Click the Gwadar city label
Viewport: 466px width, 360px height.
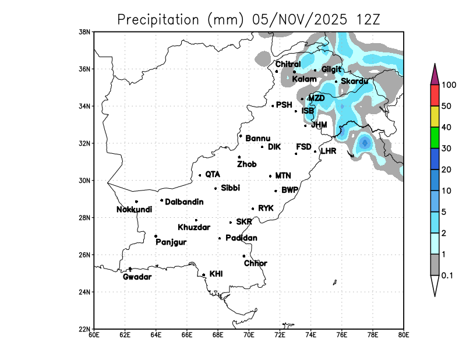pyautogui.click(x=137, y=277)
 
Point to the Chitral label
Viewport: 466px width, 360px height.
pyautogui.click(x=288, y=64)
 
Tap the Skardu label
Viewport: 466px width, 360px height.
pyautogui.click(x=354, y=82)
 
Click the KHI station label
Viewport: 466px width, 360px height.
pyautogui.click(x=216, y=273)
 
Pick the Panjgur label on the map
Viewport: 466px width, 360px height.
pyautogui.click(x=171, y=242)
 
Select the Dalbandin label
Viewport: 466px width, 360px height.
pyautogui.click(x=184, y=202)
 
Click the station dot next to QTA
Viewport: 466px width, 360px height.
pyautogui.click(x=200, y=175)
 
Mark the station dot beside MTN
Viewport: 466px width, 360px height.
pyautogui.click(x=270, y=176)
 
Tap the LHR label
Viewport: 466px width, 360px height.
pyautogui.click(x=329, y=151)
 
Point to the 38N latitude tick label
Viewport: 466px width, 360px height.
pyautogui.click(x=85, y=31)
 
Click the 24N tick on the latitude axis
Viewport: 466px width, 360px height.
pyautogui.click(x=85, y=292)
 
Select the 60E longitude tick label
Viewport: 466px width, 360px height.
pyautogui.click(x=94, y=335)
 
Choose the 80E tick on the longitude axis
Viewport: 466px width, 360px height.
pyautogui.click(x=403, y=335)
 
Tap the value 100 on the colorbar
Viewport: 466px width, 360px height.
pyautogui.click(x=449, y=85)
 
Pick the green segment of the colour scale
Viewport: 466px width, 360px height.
pyautogui.click(x=435, y=137)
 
